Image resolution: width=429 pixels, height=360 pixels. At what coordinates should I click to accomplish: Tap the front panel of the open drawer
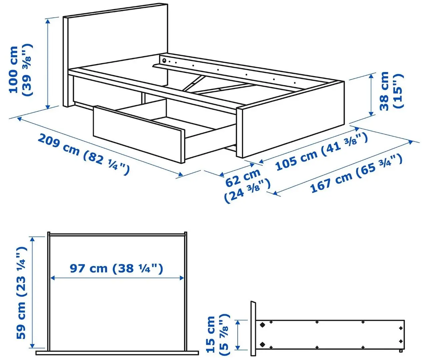[x=138, y=133]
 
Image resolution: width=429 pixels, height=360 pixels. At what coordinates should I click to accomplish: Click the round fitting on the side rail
[x=164, y=61]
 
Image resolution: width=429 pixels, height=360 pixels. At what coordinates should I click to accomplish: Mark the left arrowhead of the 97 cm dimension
[x=52, y=278]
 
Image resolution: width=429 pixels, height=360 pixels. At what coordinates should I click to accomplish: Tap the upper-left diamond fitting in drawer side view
[x=262, y=324]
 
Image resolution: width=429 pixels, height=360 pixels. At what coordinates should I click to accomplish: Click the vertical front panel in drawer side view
[x=253, y=328]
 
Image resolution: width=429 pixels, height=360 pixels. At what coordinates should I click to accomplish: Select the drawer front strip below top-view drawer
[x=117, y=353]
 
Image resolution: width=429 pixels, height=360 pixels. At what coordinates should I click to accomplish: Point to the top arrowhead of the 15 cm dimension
[x=237, y=322]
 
